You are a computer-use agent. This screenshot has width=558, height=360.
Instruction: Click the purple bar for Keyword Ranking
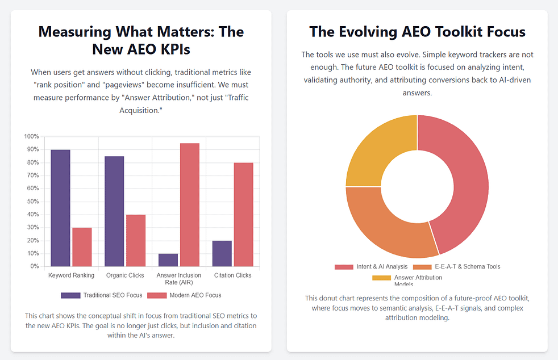click(x=60, y=208)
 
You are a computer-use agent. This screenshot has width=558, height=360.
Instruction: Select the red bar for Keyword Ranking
click(x=82, y=247)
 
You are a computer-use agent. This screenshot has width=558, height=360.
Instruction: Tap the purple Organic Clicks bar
click(x=114, y=211)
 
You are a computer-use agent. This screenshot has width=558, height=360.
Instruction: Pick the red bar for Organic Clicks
click(x=135, y=241)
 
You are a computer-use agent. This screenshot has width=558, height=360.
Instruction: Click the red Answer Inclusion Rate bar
click(x=189, y=204)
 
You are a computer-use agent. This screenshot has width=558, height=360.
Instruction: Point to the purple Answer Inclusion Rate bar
click(x=168, y=260)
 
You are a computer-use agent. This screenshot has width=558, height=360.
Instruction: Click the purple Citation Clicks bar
click(x=222, y=253)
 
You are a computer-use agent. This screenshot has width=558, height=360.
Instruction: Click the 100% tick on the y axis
click(x=31, y=137)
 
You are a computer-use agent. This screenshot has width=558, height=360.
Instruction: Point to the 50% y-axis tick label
click(x=33, y=202)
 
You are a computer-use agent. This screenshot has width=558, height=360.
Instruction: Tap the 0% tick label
click(x=34, y=266)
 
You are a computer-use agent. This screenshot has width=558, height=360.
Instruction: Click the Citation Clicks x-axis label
click(x=232, y=275)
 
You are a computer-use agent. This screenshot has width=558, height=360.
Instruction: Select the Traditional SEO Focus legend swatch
click(x=70, y=295)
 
